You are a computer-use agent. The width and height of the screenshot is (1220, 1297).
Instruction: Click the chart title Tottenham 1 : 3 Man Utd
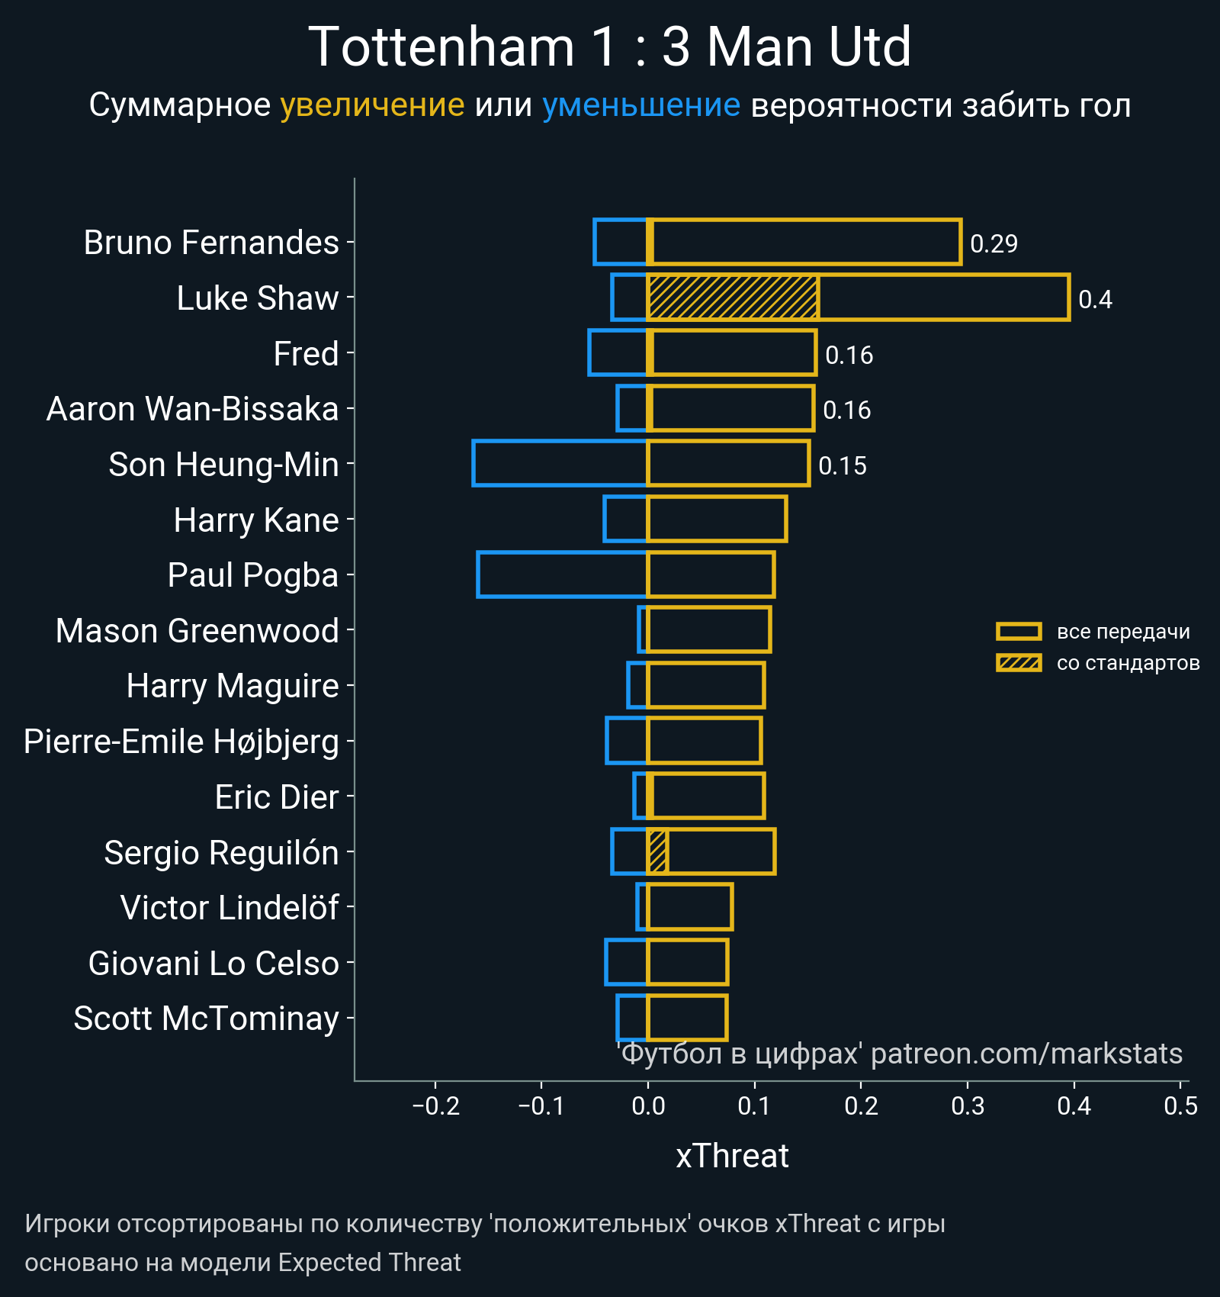pyautogui.click(x=609, y=47)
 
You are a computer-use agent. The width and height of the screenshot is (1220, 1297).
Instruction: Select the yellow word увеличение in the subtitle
pyautogui.click(x=372, y=105)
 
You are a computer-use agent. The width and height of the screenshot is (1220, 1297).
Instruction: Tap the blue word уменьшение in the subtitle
pyautogui.click(x=640, y=105)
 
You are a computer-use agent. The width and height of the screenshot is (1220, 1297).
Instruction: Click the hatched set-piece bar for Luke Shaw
pyautogui.click(x=733, y=298)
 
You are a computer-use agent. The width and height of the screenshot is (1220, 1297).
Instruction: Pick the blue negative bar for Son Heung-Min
pyautogui.click(x=560, y=463)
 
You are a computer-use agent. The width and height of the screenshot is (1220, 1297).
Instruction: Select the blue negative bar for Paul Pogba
pyautogui.click(x=562, y=574)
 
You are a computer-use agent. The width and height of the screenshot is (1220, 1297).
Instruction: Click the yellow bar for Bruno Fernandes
pyautogui.click(x=804, y=242)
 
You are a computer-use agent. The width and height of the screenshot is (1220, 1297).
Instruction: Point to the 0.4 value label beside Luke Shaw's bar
pyautogui.click(x=1095, y=299)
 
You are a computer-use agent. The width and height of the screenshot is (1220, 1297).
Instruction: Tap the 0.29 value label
pyautogui.click(x=994, y=243)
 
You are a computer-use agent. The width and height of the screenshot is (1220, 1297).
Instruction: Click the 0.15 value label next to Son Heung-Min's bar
pyautogui.click(x=842, y=465)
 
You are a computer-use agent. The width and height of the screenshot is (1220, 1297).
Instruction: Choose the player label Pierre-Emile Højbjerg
pyautogui.click(x=181, y=742)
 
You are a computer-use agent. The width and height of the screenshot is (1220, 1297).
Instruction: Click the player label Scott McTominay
pyautogui.click(x=206, y=1019)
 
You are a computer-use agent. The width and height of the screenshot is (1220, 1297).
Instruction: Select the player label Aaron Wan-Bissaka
pyautogui.click(x=192, y=409)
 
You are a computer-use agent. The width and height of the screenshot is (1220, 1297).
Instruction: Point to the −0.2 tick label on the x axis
pyautogui.click(x=435, y=1106)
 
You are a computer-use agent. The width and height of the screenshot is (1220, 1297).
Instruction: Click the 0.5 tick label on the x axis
pyautogui.click(x=1180, y=1106)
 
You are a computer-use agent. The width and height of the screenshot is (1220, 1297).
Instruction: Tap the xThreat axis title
pyautogui.click(x=732, y=1156)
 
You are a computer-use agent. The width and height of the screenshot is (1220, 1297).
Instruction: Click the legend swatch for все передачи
pyautogui.click(x=1018, y=631)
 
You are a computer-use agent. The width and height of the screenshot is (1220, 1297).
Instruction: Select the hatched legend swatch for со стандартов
pyautogui.click(x=1018, y=663)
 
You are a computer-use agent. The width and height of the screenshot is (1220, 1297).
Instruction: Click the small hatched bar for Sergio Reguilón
pyautogui.click(x=658, y=851)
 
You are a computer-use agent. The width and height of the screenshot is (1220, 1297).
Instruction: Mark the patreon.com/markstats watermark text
pyautogui.click(x=1026, y=1054)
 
